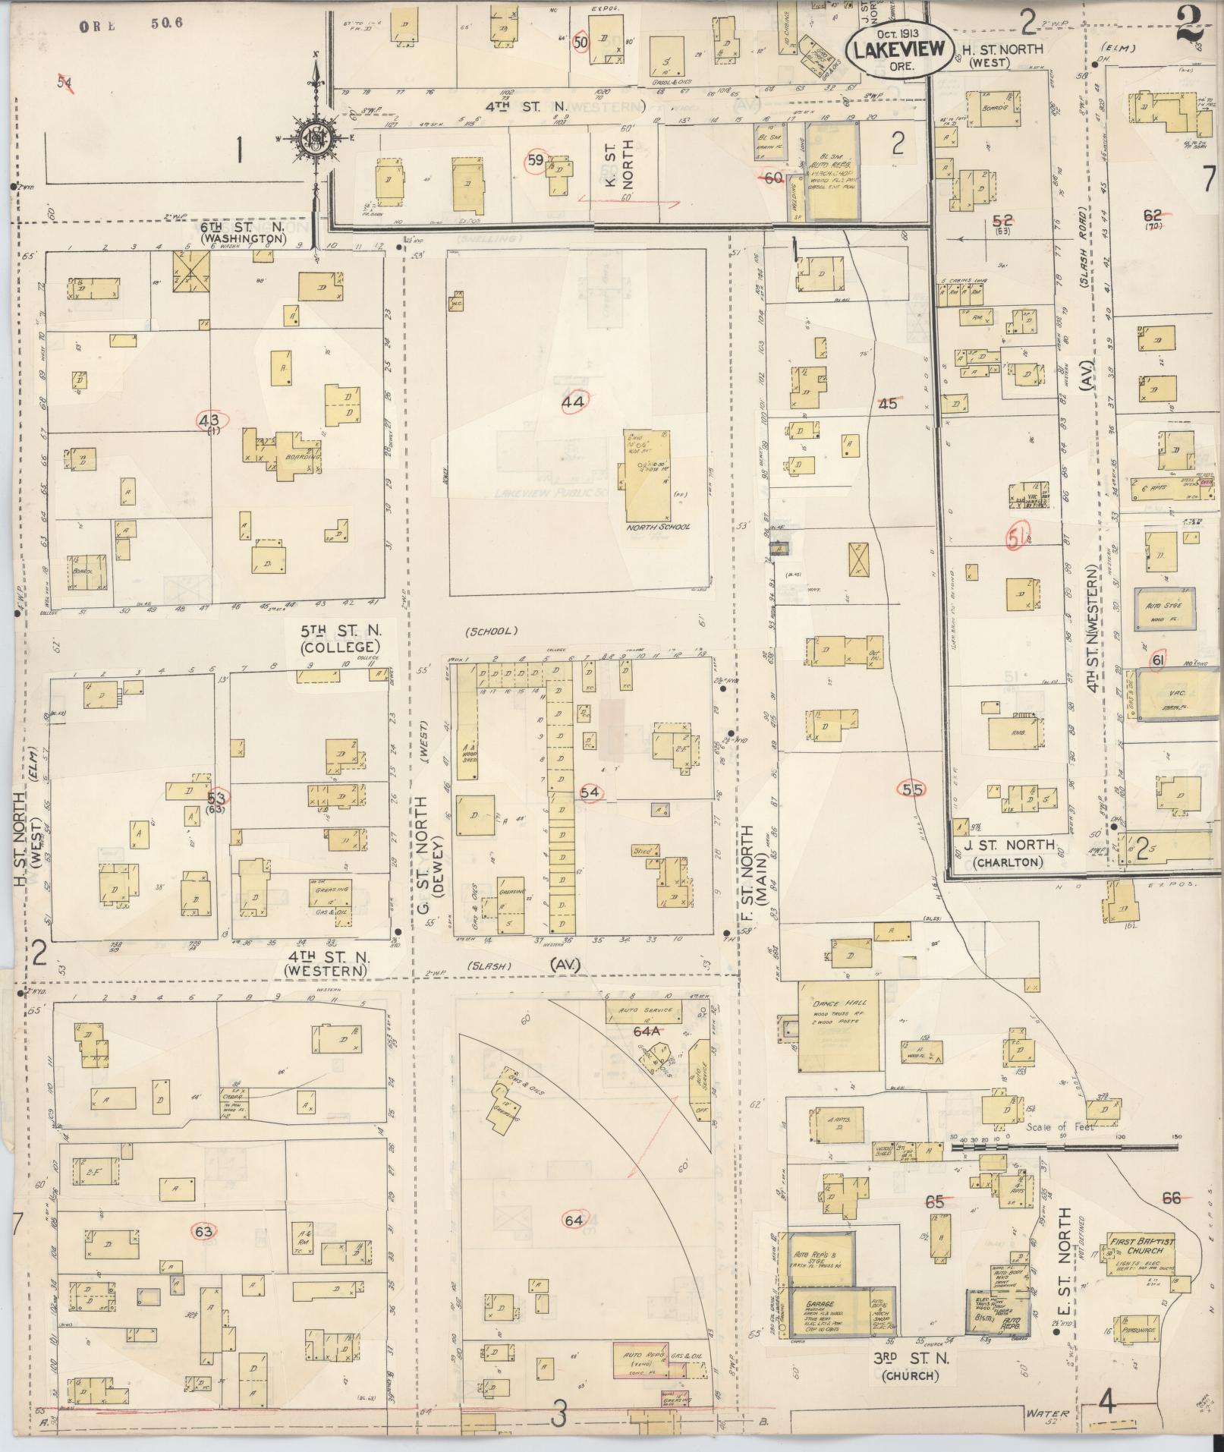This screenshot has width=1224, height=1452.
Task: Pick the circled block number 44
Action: pos(573,403)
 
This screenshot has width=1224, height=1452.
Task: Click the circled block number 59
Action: pos(536,160)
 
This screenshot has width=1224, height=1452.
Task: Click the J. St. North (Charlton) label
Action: pos(1009,853)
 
